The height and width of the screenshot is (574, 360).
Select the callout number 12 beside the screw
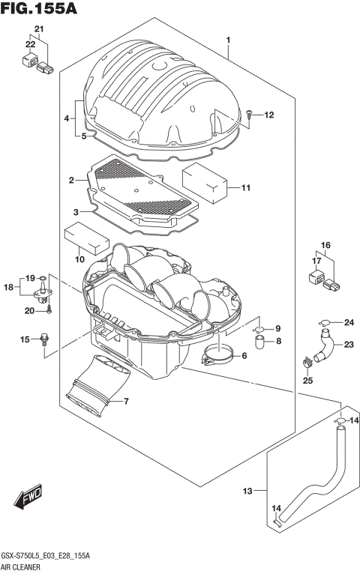pos(269,115)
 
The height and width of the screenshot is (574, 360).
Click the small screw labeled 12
pos(248,115)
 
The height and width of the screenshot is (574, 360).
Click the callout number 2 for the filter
pos(70,181)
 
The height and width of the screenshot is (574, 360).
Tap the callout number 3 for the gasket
pos(76,212)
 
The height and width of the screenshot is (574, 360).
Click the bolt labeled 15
pos(45,339)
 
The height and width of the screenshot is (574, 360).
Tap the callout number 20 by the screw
pos(29,310)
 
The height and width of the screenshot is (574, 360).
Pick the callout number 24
pos(348,323)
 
